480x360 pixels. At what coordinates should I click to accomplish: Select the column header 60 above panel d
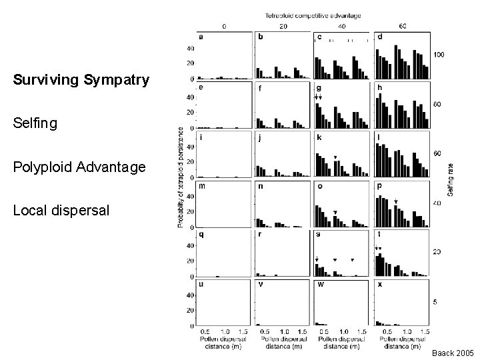(x=402, y=26)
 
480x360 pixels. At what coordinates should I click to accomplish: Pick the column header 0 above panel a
(x=223, y=26)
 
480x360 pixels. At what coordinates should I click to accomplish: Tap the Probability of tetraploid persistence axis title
(x=181, y=178)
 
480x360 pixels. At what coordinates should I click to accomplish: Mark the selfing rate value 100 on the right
(x=439, y=54)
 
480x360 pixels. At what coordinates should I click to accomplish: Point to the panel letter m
(x=201, y=187)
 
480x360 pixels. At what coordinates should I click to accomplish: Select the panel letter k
(x=319, y=137)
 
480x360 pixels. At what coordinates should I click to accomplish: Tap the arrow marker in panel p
(x=396, y=201)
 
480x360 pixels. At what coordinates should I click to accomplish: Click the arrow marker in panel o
(x=335, y=213)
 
